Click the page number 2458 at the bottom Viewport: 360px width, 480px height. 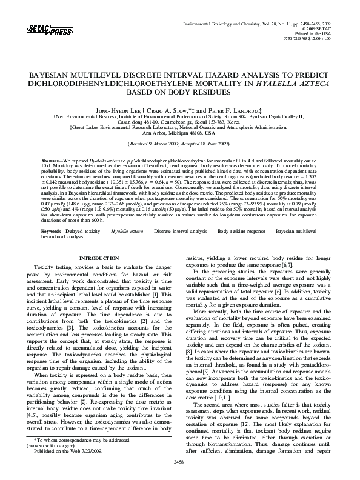pos(179,462)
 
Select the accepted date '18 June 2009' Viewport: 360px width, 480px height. pos(214,145)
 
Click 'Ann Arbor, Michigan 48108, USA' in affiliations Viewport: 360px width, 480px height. pos(179,133)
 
